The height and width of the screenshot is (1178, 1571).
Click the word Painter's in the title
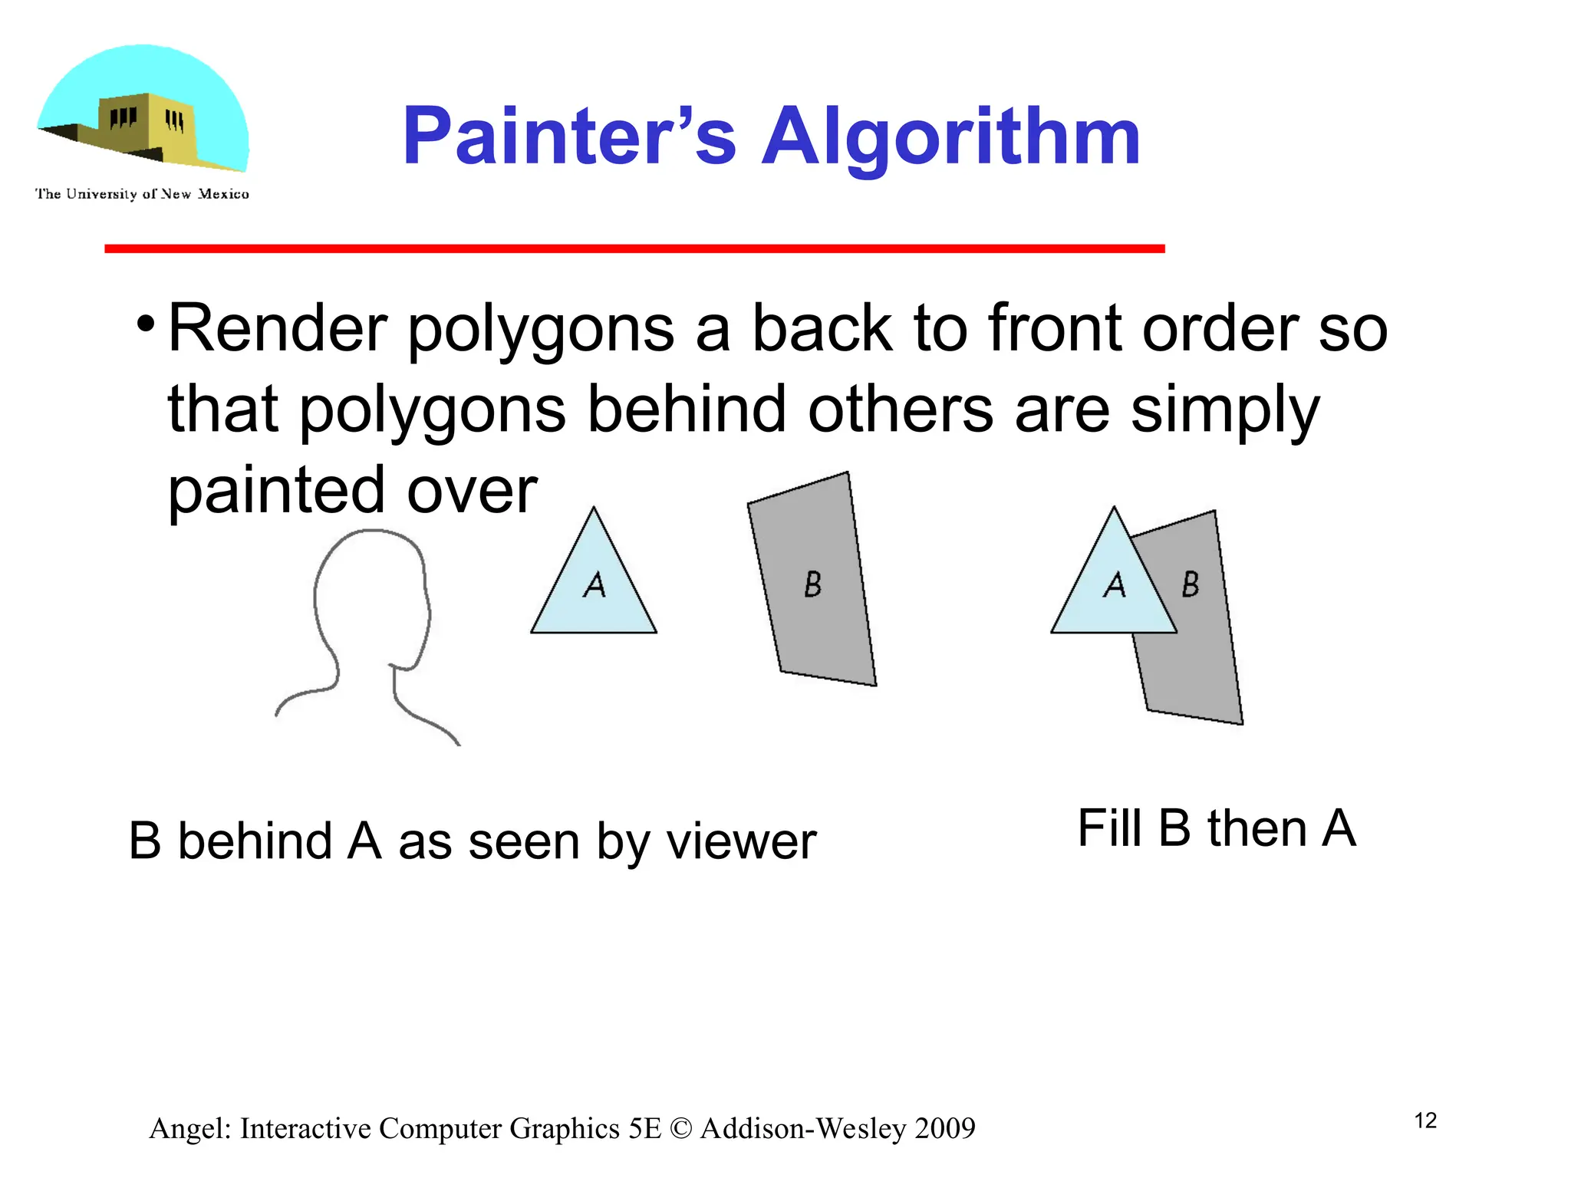tap(568, 137)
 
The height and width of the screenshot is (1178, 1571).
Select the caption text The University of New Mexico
tap(142, 194)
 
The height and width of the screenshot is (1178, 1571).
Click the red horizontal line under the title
tap(634, 248)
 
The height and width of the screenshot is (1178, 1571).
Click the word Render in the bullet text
tap(277, 328)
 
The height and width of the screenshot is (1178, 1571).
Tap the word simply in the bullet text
tap(1225, 410)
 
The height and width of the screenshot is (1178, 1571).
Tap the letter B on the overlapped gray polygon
tap(1191, 584)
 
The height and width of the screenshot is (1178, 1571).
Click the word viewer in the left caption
tap(741, 842)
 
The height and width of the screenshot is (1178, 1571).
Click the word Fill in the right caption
tap(1109, 828)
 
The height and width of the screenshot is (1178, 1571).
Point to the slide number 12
tap(1425, 1120)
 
